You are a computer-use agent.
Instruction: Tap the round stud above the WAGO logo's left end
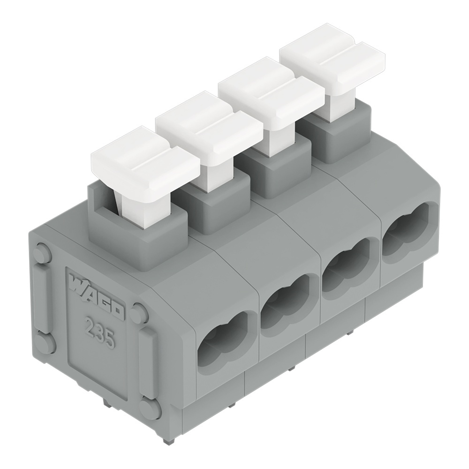coord(43,254)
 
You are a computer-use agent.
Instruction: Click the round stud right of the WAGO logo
coord(140,313)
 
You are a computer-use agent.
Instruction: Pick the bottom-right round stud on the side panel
coord(150,409)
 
